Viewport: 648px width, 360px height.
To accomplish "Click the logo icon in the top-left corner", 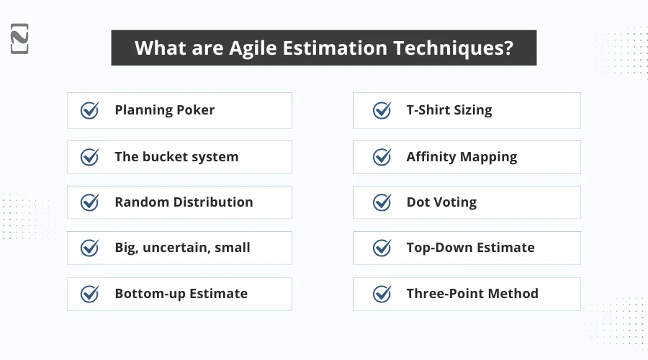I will click(x=20, y=38).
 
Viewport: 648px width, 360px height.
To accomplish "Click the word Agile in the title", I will click(x=264, y=48).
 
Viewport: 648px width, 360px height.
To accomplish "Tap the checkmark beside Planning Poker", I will click(x=89, y=110).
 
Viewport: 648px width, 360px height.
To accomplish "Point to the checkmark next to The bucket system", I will click(x=89, y=157).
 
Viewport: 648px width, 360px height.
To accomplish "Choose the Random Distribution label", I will click(x=184, y=202).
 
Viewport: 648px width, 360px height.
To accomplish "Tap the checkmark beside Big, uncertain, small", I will click(x=89, y=248).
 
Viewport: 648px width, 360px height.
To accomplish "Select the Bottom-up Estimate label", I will click(x=181, y=294).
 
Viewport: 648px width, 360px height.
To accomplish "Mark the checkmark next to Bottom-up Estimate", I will click(x=89, y=294).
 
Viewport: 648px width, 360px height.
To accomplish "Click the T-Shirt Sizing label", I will click(x=449, y=110).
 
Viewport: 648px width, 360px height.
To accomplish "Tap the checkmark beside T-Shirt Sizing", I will click(x=382, y=110).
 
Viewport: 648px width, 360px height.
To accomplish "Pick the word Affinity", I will click(x=431, y=157).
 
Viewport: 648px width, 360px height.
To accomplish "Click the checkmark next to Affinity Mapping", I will click(x=382, y=157).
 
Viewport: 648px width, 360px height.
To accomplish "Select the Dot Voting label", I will click(x=441, y=202).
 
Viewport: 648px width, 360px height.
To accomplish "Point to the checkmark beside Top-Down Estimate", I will click(x=382, y=248).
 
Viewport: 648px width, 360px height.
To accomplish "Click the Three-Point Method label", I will click(x=472, y=294).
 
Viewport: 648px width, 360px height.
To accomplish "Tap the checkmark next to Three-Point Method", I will click(x=382, y=294).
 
